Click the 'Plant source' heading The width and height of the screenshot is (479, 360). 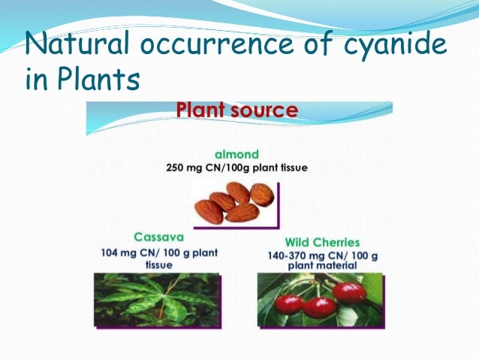coord(237,111)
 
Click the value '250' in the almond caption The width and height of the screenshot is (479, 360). coord(177,167)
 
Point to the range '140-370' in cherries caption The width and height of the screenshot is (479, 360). coord(288,256)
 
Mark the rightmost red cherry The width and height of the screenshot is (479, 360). coord(349,292)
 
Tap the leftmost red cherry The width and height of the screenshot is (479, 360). coord(288,304)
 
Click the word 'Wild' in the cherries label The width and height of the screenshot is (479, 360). coord(298,243)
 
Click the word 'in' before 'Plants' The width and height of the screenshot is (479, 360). coord(35,78)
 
